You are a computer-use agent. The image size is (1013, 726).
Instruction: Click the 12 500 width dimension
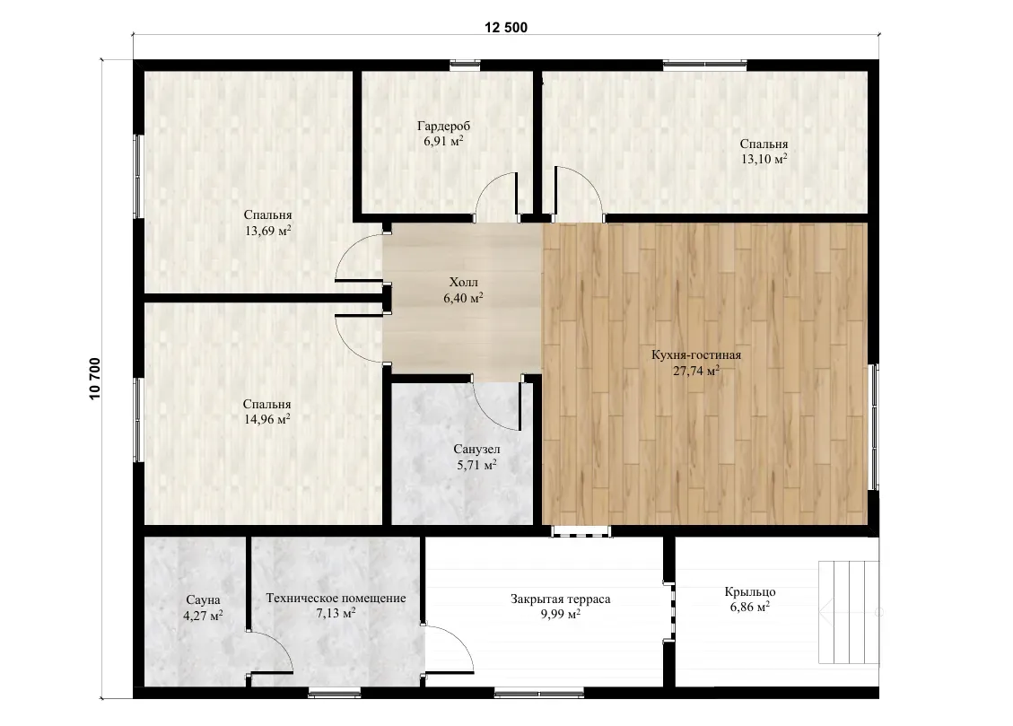506,27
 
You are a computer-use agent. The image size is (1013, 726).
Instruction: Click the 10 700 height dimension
95,379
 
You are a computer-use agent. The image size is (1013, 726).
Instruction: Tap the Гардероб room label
444,126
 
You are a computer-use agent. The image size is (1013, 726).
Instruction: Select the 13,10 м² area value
764,158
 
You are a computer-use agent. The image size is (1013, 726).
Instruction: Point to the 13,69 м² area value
268,230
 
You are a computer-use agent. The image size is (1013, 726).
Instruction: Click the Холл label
464,283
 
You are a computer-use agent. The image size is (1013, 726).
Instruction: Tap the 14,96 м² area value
266,418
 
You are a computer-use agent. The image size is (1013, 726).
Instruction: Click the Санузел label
476,449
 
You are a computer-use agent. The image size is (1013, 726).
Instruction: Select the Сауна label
203,600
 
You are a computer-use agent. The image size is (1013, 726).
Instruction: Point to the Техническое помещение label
336,598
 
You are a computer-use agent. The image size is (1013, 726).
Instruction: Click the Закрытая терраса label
560,599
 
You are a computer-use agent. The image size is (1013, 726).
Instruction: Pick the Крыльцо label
750,591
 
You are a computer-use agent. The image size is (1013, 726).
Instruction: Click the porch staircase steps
849,612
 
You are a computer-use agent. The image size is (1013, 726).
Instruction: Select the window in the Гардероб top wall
465,65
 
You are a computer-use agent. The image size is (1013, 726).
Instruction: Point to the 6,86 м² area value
750,608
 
